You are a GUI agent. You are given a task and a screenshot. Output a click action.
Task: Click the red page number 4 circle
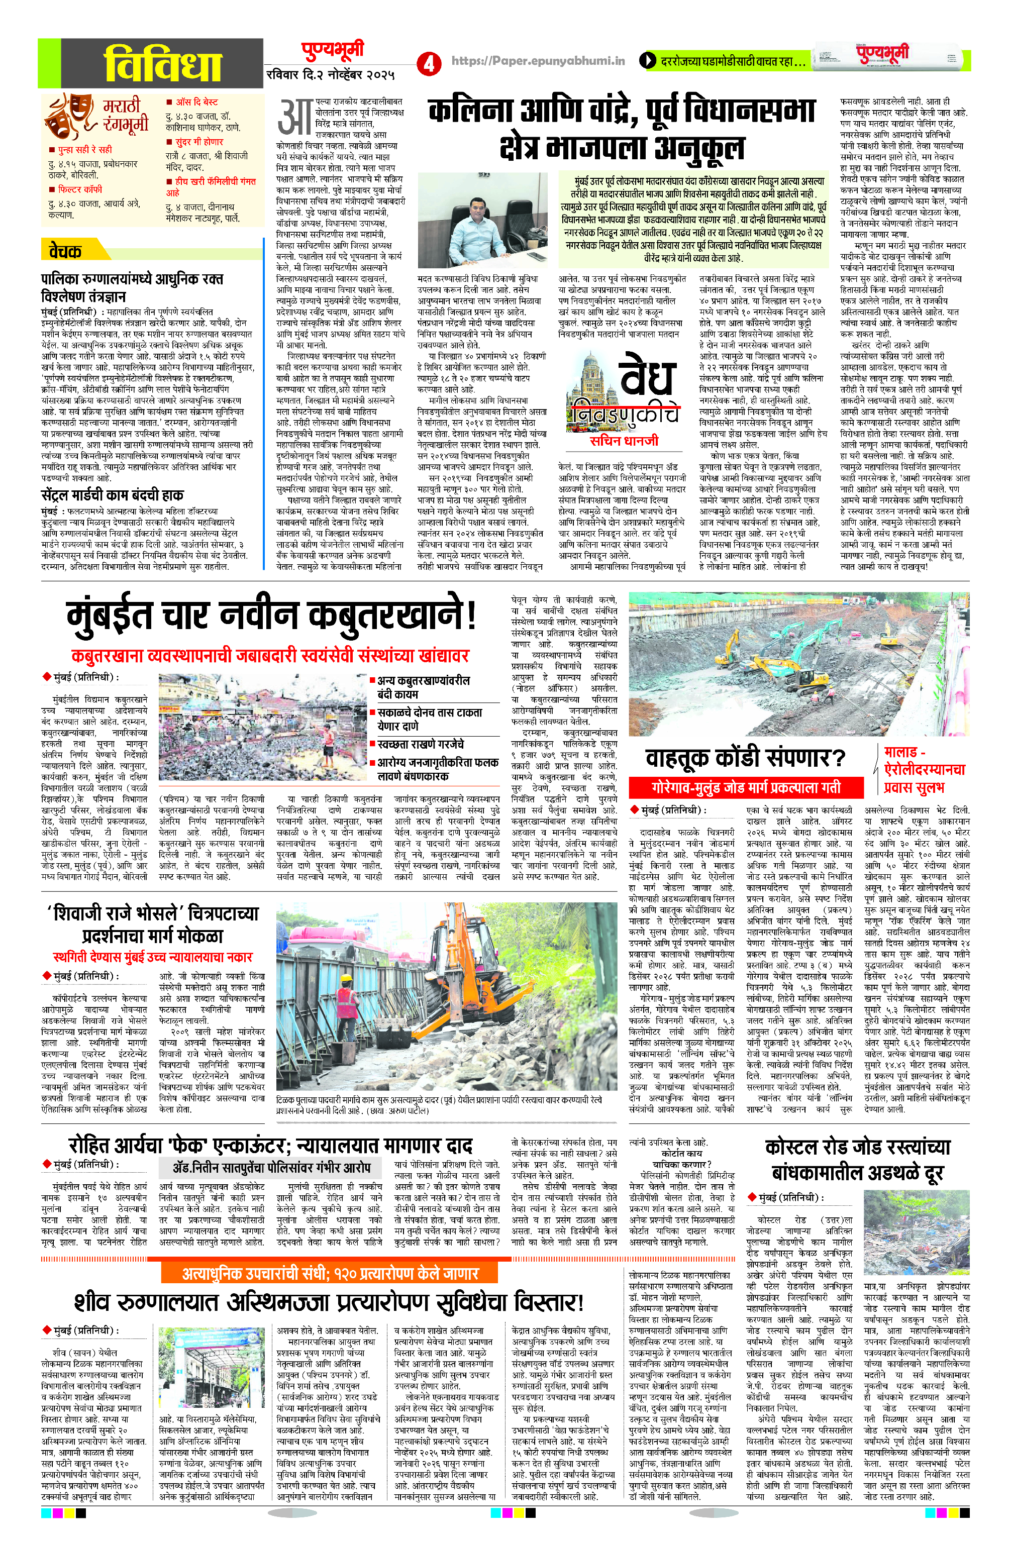[428, 63]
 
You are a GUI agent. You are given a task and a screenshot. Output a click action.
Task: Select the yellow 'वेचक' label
[67, 250]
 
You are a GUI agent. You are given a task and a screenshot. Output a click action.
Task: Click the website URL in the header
[538, 61]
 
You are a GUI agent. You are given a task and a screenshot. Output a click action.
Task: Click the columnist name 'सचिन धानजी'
[623, 440]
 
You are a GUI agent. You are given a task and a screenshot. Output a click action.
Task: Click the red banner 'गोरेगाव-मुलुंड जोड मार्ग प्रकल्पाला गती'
[745, 787]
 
